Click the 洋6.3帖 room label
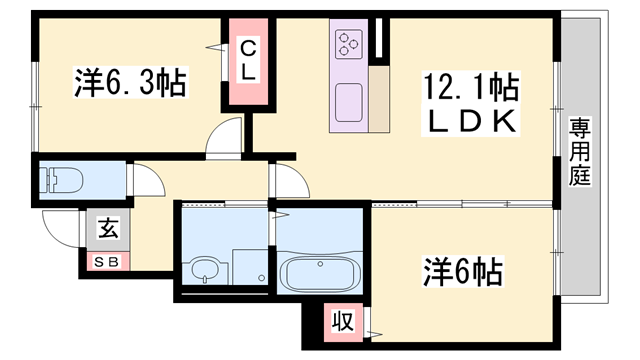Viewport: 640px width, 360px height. [130, 82]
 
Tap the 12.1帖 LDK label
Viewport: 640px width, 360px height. [471, 103]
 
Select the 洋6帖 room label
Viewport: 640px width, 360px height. [462, 271]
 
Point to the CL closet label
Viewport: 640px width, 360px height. [248, 61]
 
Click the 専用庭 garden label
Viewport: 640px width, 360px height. [580, 151]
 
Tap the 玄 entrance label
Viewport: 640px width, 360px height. [109, 228]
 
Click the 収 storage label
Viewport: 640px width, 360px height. [342, 322]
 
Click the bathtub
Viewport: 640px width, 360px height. [320, 273]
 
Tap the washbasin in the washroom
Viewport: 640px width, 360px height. [205, 269]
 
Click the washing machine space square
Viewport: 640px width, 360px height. [250, 267]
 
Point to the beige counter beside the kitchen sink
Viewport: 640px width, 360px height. [379, 99]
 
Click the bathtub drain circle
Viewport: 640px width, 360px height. [320, 264]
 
